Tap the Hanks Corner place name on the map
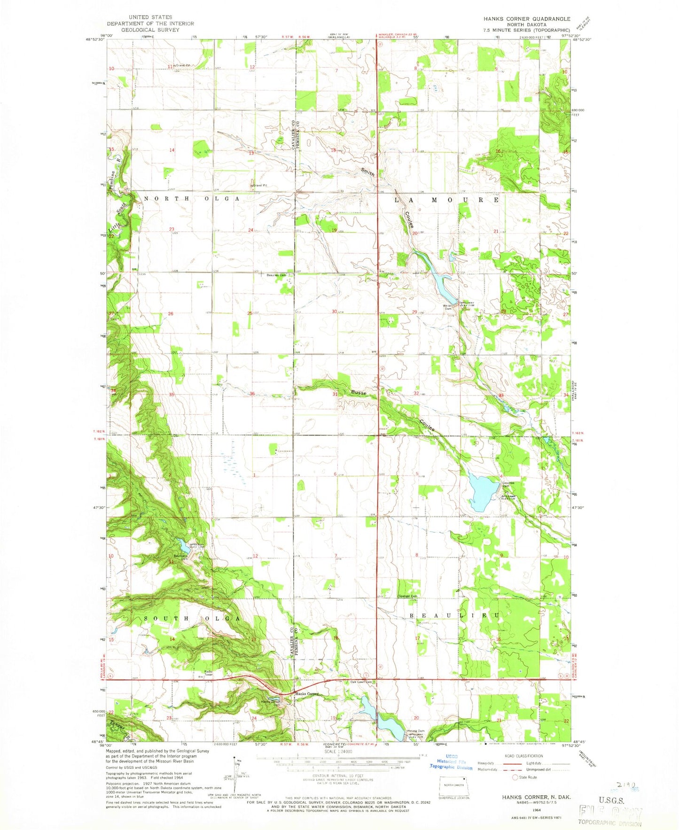pyautogui.click(x=307, y=693)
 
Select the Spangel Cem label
pyautogui.click(x=408, y=597)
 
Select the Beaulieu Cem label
pyautogui.click(x=276, y=275)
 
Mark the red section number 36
pyautogui.click(x=252, y=394)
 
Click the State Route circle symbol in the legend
pyautogui.click(x=515, y=777)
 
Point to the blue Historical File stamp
pyautogui.click(x=451, y=764)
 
